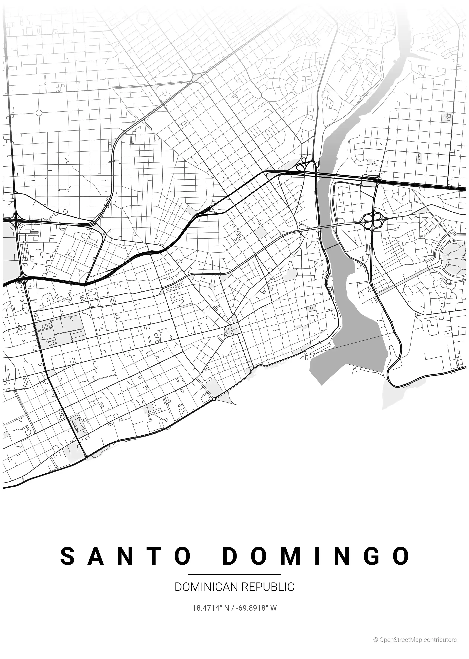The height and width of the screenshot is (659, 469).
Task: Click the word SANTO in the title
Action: (x=125, y=556)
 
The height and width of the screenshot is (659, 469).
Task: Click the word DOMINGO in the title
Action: (x=316, y=556)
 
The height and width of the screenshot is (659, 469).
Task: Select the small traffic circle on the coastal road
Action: (x=214, y=399)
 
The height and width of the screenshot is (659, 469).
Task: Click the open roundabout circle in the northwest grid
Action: (x=39, y=113)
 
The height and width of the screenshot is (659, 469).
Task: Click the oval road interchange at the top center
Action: (x=196, y=77)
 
